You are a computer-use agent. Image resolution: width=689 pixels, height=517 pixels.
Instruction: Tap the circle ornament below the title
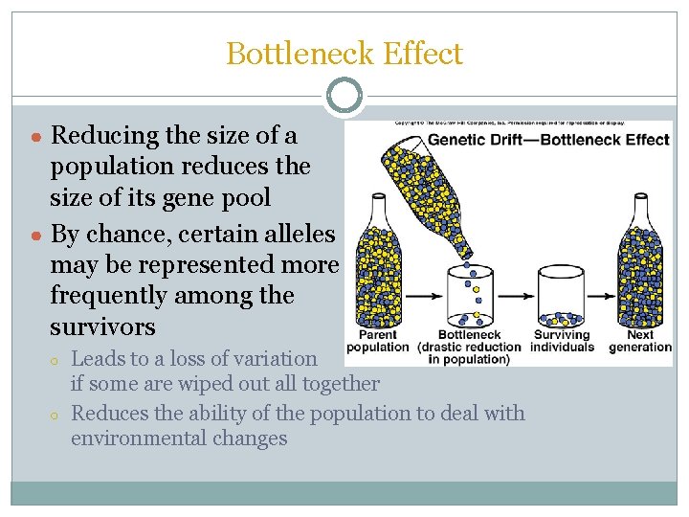(x=344, y=96)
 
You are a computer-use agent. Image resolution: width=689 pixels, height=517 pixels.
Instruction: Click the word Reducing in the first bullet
(x=104, y=135)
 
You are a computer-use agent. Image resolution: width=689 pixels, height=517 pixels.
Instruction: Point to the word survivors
(x=102, y=326)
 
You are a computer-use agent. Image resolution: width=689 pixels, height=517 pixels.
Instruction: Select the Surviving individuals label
(x=562, y=341)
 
